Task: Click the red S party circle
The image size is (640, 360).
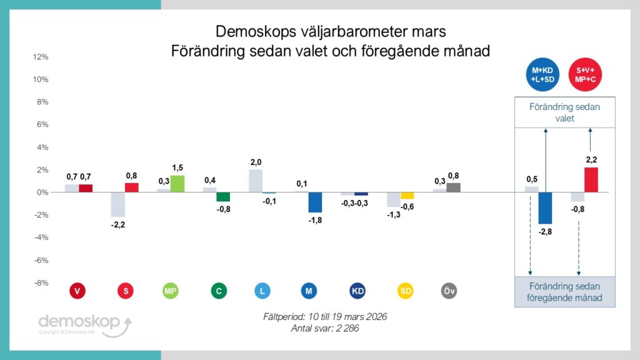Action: coord(126,291)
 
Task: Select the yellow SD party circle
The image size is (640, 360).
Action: coord(406,291)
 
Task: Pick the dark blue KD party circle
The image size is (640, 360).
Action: coord(358,291)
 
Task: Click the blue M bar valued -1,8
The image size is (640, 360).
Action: coord(315,202)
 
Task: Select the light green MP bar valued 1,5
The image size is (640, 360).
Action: coord(177,184)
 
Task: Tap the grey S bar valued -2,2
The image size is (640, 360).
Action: coord(118,204)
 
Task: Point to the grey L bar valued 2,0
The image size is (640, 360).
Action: coord(256,181)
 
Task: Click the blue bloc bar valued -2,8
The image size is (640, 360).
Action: coord(545,208)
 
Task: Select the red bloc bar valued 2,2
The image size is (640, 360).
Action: coord(591,180)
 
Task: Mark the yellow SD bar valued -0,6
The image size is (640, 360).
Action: coord(407,196)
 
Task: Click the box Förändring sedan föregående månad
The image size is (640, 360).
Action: coord(565,292)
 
